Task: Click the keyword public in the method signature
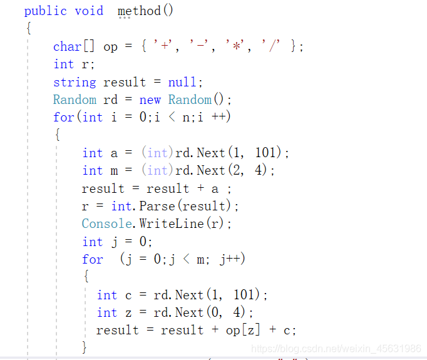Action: click(x=46, y=11)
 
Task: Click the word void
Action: click(x=89, y=11)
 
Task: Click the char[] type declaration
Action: click(x=75, y=46)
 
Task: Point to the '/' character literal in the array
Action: click(x=271, y=46)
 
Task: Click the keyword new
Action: click(x=150, y=100)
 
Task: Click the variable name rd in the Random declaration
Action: click(x=111, y=100)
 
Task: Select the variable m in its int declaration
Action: click(x=114, y=170)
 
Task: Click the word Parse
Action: click(x=157, y=206)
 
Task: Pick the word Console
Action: click(x=108, y=224)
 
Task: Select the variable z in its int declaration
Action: click(x=128, y=312)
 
